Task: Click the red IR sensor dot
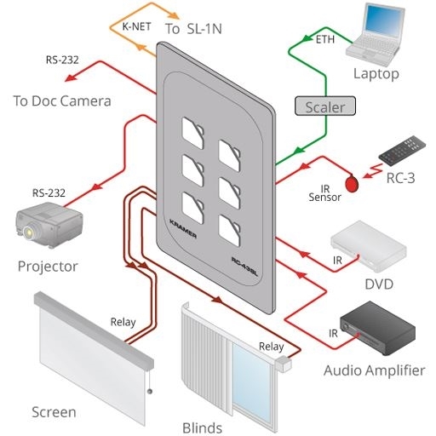coord(351,182)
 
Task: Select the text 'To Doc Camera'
coord(62,101)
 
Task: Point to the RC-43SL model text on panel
coord(244,261)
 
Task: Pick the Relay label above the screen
coord(123,322)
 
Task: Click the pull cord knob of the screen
coord(150,391)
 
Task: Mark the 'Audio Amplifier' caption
coord(374,370)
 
